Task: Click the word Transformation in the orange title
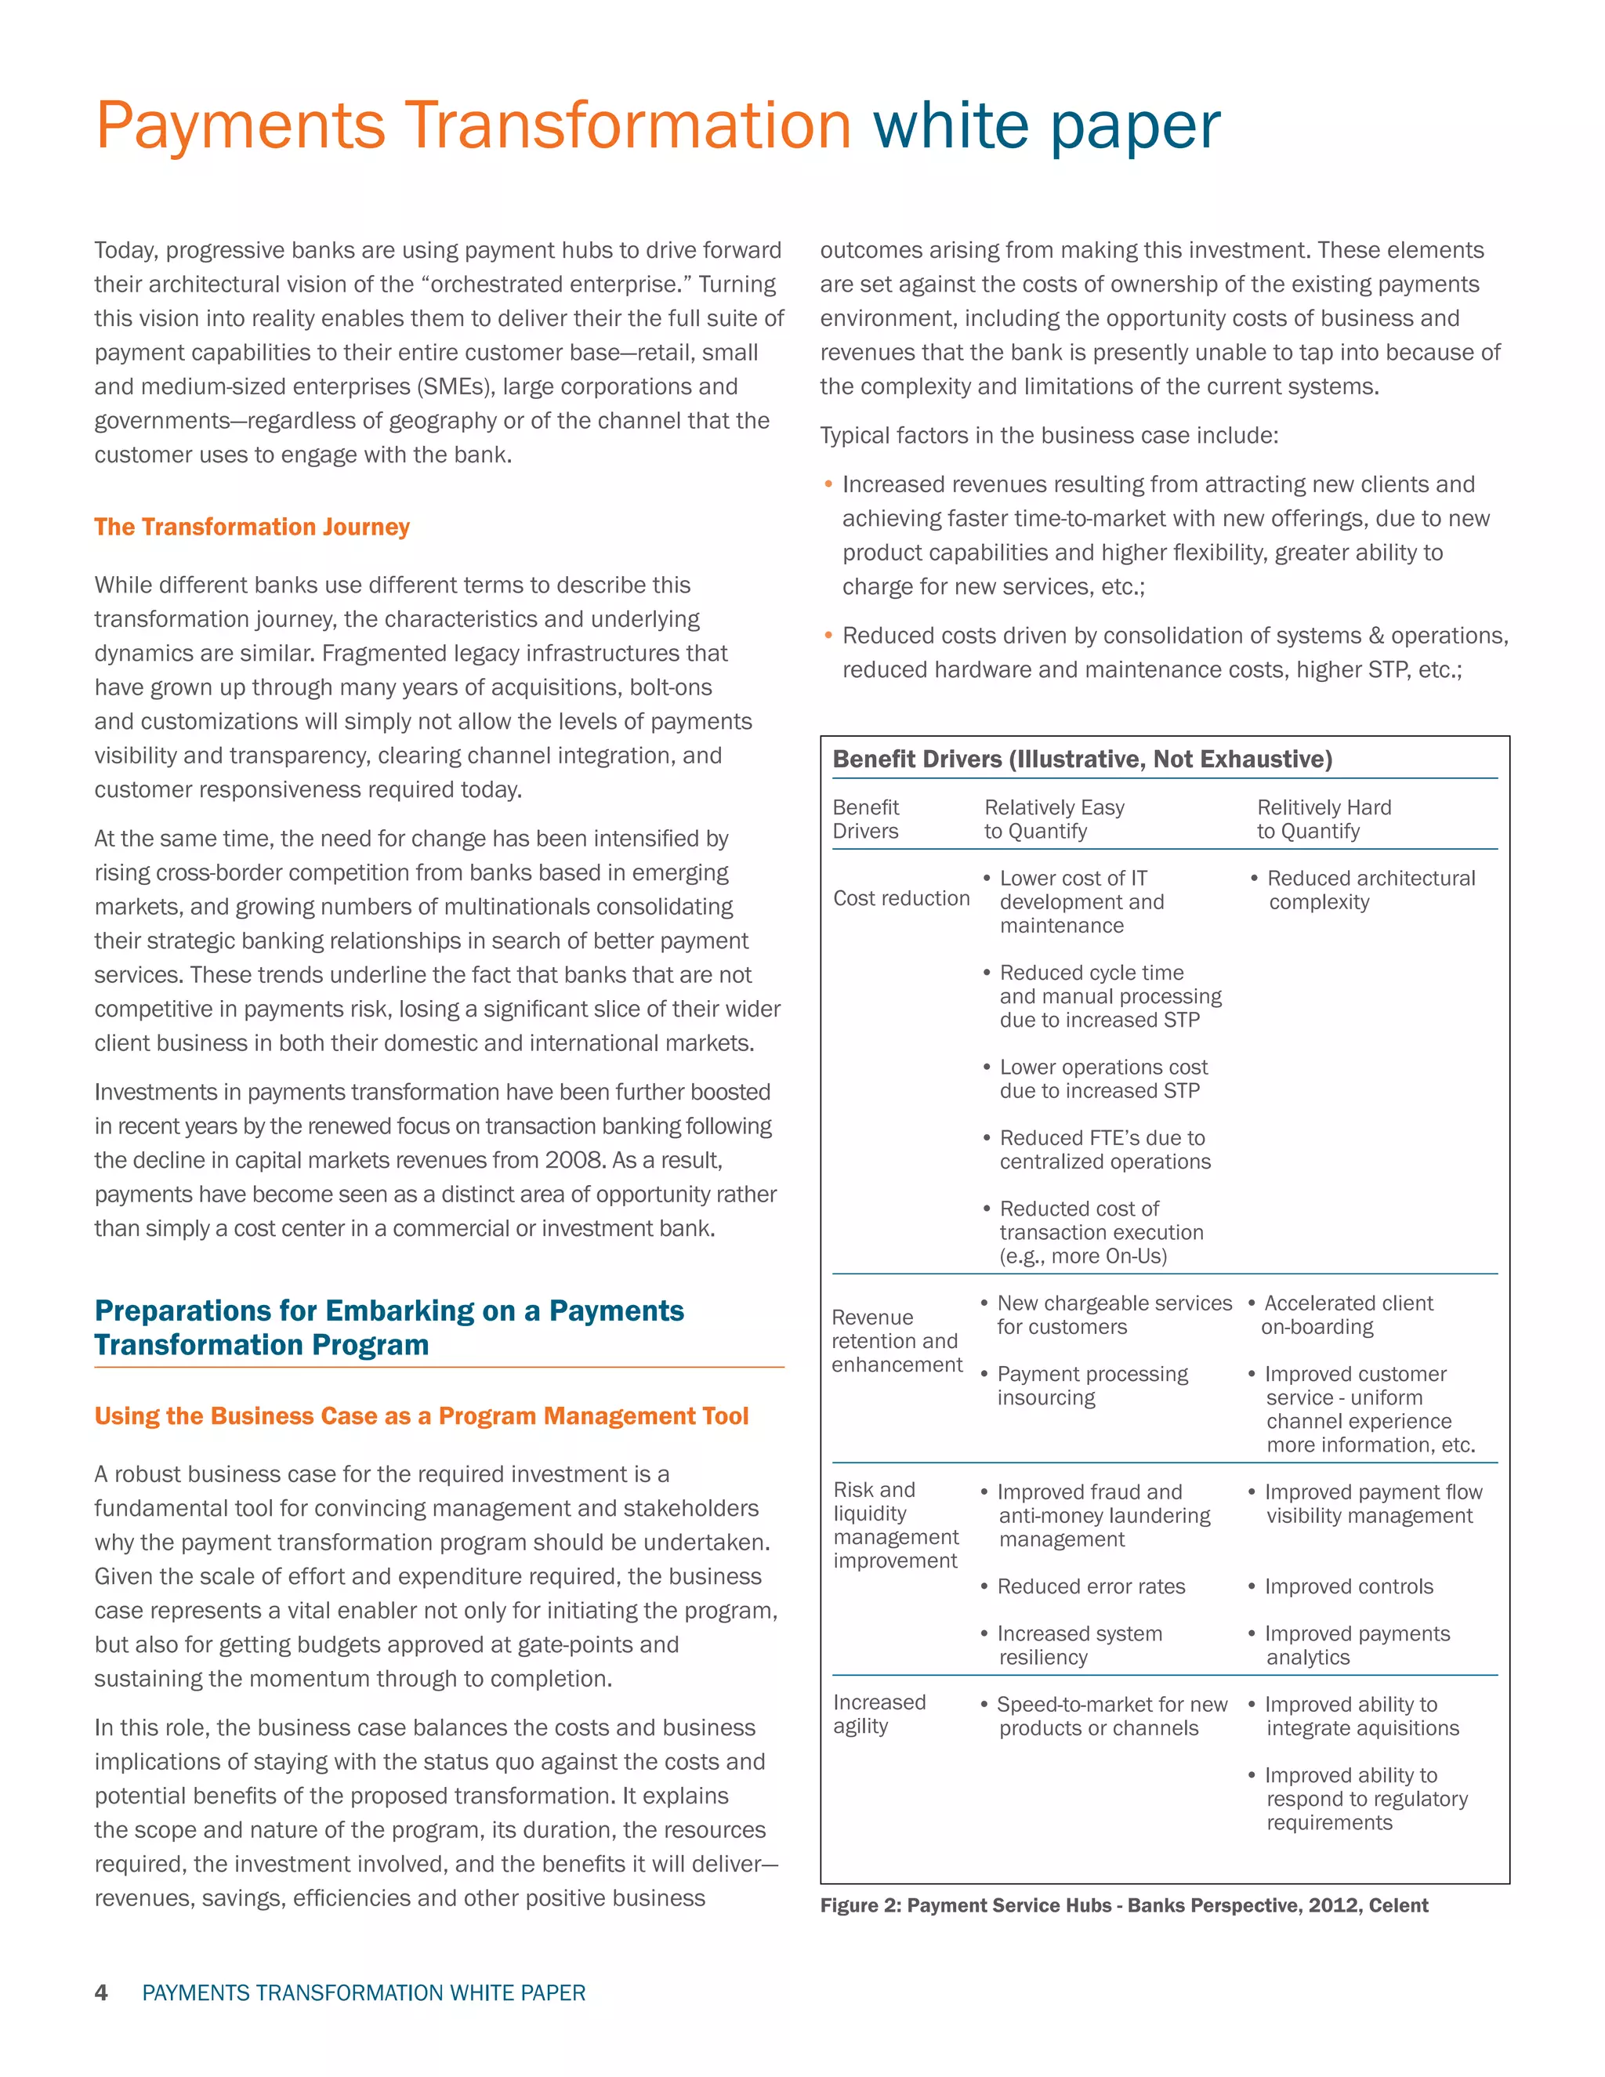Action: tap(628, 125)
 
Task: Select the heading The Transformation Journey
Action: tap(252, 527)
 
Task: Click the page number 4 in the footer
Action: tap(101, 1992)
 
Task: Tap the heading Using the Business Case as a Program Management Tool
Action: tap(421, 1416)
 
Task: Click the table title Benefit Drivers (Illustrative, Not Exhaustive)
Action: tap(1082, 759)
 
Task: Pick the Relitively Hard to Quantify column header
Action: tap(1324, 819)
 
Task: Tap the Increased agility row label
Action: tap(879, 1713)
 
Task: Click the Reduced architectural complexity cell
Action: tap(1370, 890)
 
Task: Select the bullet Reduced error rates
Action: tap(1091, 1586)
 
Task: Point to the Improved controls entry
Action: tap(1348, 1586)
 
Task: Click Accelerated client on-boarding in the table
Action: tap(1347, 1315)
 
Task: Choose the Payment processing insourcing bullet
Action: tap(1092, 1386)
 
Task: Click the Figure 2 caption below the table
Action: tap(1124, 1905)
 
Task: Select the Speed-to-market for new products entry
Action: tap(1110, 1716)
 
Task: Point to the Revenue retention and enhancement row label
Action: tap(896, 1341)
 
